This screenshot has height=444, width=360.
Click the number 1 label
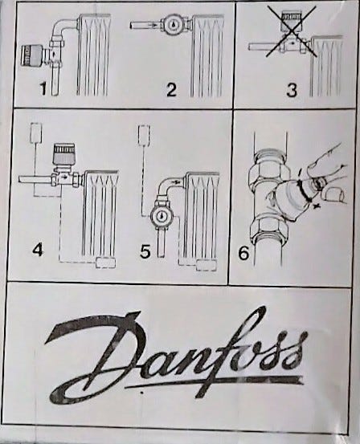(43, 88)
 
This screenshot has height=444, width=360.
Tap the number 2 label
(171, 89)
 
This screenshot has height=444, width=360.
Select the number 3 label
(292, 91)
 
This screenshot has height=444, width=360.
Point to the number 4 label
(39, 250)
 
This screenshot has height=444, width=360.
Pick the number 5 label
(145, 251)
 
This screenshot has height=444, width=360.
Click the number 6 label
(243, 253)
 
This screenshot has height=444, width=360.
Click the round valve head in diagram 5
(161, 217)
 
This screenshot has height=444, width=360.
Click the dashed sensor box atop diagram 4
(36, 132)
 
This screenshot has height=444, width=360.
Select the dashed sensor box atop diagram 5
(144, 135)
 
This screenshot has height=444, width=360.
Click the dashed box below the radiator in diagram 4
(105, 263)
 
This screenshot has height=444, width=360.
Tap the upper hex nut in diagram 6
(268, 161)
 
